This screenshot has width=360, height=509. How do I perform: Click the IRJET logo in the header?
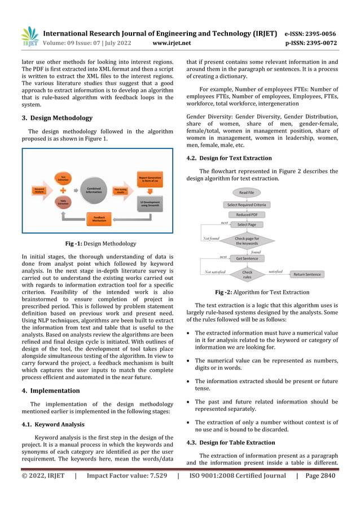pyautogui.click(x=29, y=37)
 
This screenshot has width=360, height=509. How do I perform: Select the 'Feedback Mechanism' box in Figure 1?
pyautogui.click(x=99, y=218)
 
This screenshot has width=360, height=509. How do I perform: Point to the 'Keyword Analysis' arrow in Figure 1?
pyautogui.click(x=40, y=191)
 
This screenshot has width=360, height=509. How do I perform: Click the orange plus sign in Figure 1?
pyautogui.click(x=63, y=190)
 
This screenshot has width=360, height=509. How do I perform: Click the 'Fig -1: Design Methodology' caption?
pyautogui.click(x=100, y=244)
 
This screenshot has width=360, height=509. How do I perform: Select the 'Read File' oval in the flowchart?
pyautogui.click(x=247, y=192)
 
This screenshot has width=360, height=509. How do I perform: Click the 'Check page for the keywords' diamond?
pyautogui.click(x=247, y=240)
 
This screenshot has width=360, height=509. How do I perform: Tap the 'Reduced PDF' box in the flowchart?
pyautogui.click(x=247, y=214)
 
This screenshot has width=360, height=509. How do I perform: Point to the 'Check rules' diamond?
pyautogui.click(x=247, y=275)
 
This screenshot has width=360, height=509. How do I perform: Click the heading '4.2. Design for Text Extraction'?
pyautogui.click(x=229, y=158)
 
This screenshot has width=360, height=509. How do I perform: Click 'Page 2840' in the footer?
pyautogui.click(x=321, y=475)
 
